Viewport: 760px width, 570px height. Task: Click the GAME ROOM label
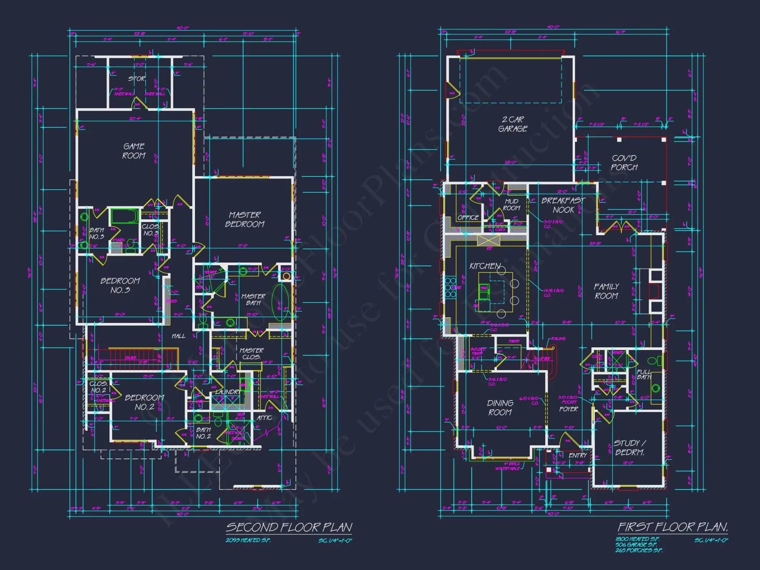(134, 151)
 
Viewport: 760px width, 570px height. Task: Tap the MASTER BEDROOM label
(245, 220)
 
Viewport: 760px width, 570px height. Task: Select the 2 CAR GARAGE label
(513, 124)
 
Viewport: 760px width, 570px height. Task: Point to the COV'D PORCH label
(624, 163)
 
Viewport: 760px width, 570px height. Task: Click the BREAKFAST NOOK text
(563, 205)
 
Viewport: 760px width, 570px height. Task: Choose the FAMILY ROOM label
(606, 291)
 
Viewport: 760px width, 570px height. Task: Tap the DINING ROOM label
(500, 407)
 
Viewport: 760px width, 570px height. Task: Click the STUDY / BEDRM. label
(630, 448)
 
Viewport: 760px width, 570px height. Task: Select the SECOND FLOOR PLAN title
(289, 527)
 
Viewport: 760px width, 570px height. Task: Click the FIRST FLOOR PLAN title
(673, 527)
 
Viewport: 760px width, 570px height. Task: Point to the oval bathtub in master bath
(280, 302)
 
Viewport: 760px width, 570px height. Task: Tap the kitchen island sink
(484, 288)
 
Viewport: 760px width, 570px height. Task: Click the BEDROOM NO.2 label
(144, 402)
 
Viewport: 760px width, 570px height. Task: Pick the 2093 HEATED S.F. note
(248, 540)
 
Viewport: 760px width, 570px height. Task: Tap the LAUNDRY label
(227, 392)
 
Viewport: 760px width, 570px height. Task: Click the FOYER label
(568, 409)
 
